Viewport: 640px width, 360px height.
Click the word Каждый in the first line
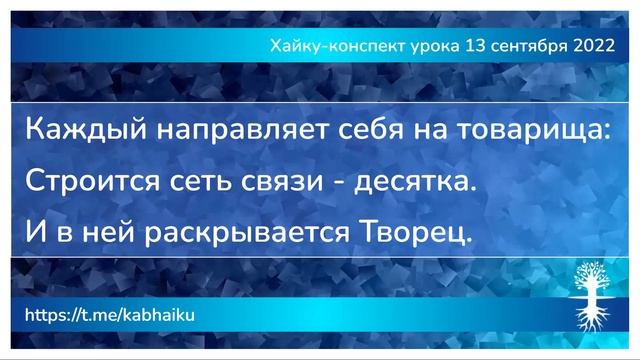67,131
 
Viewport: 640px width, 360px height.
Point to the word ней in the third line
99,233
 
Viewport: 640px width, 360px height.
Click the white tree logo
592,295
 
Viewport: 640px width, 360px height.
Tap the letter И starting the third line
34,233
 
